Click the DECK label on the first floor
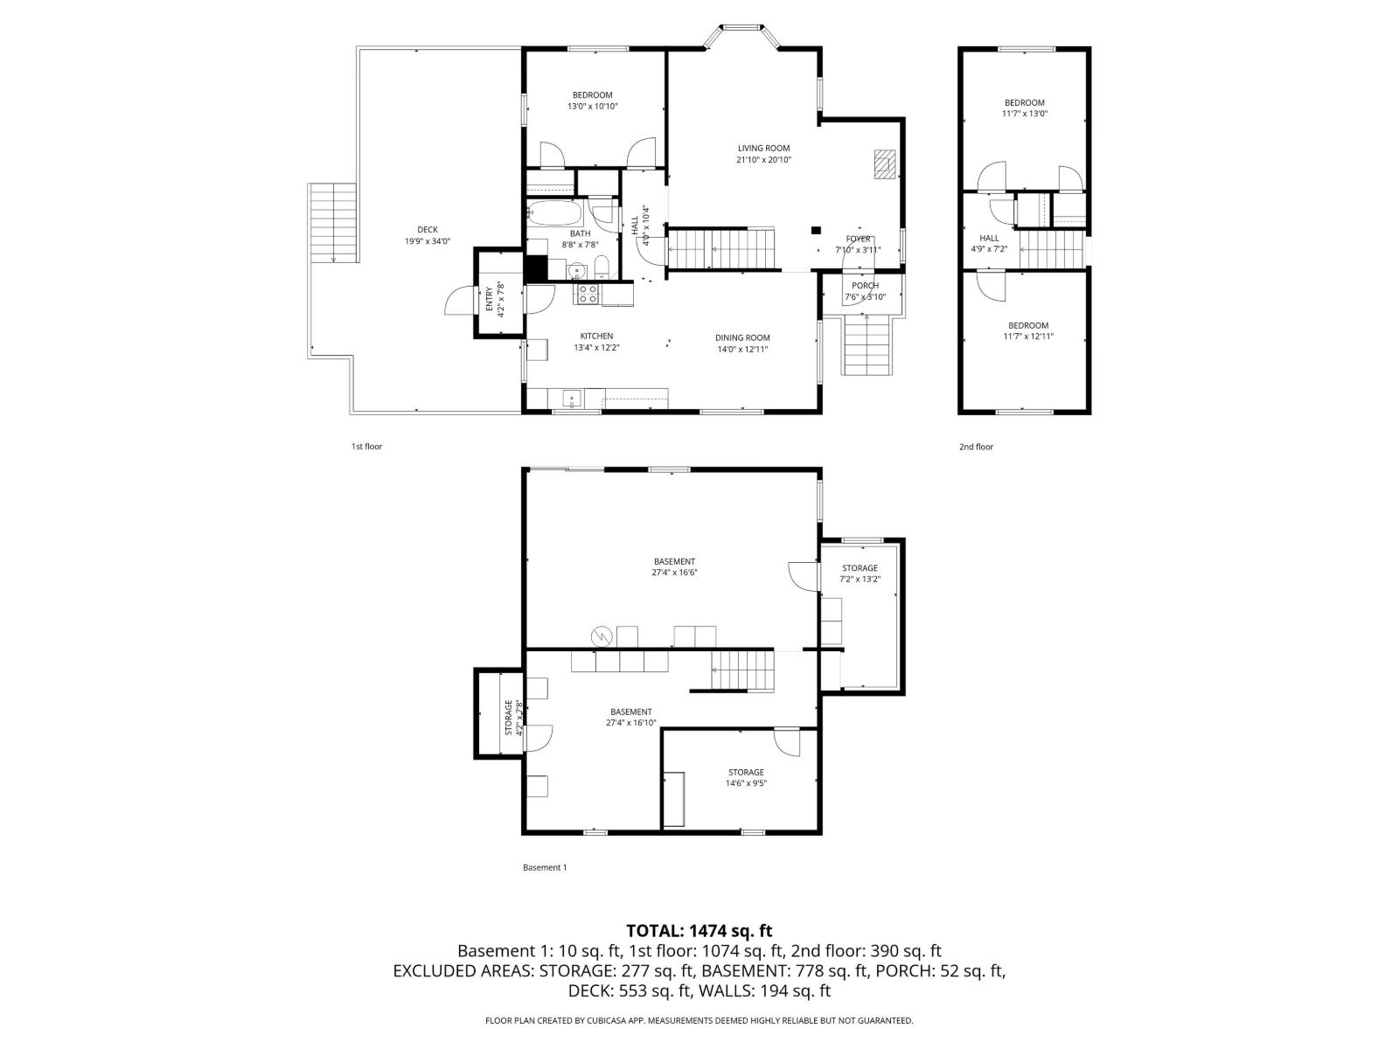coord(428,230)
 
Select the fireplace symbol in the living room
coord(885,163)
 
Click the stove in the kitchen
coord(587,294)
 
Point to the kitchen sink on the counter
coord(572,399)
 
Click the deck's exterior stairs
coord(333,222)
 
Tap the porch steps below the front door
coord(867,345)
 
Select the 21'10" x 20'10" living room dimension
coord(763,160)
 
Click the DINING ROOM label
coord(742,337)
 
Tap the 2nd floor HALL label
coord(989,238)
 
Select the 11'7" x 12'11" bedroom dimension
coord(1027,336)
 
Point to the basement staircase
coord(742,671)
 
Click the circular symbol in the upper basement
coord(602,636)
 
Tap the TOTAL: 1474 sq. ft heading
coord(699,931)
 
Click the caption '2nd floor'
coord(976,447)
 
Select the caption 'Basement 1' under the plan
coord(545,867)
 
